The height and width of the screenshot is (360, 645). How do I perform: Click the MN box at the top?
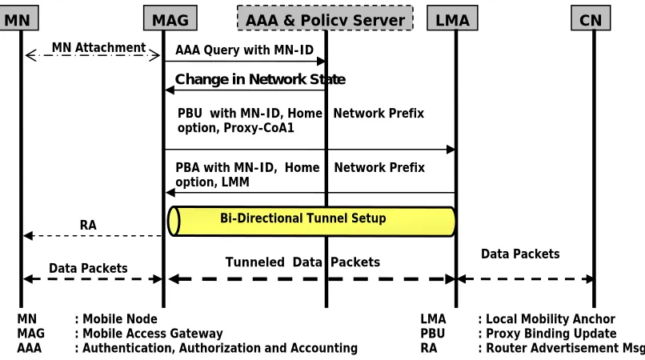(x=18, y=18)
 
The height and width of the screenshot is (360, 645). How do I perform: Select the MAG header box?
(x=170, y=18)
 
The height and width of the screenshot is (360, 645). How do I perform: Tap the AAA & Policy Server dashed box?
(x=325, y=18)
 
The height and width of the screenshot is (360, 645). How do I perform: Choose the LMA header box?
(x=452, y=18)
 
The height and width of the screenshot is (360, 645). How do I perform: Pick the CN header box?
(x=591, y=18)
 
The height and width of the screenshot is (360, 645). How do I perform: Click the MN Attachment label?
(x=98, y=48)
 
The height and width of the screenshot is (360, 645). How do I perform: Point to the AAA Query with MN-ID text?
(x=244, y=50)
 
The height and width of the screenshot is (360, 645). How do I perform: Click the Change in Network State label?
(x=260, y=79)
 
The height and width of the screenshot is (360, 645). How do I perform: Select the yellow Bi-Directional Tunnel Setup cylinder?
(x=311, y=222)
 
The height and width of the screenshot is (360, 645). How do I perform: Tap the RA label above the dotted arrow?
(x=88, y=225)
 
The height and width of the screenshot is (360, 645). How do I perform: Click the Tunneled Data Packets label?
(x=302, y=262)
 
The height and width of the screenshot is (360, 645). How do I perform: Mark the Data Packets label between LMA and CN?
(x=520, y=254)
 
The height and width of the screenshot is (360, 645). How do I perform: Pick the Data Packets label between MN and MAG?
(x=88, y=268)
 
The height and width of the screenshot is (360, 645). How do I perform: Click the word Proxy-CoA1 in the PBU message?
(x=258, y=128)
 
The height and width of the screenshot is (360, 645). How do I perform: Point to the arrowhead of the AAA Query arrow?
(x=321, y=62)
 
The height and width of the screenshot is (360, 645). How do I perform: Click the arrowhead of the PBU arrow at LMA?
(x=451, y=150)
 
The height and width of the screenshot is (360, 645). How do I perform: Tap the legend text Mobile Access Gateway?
(x=153, y=334)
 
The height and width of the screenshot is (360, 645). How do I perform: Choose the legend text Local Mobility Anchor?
(x=551, y=319)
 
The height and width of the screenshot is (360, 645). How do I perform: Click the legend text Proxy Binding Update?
(x=551, y=334)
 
